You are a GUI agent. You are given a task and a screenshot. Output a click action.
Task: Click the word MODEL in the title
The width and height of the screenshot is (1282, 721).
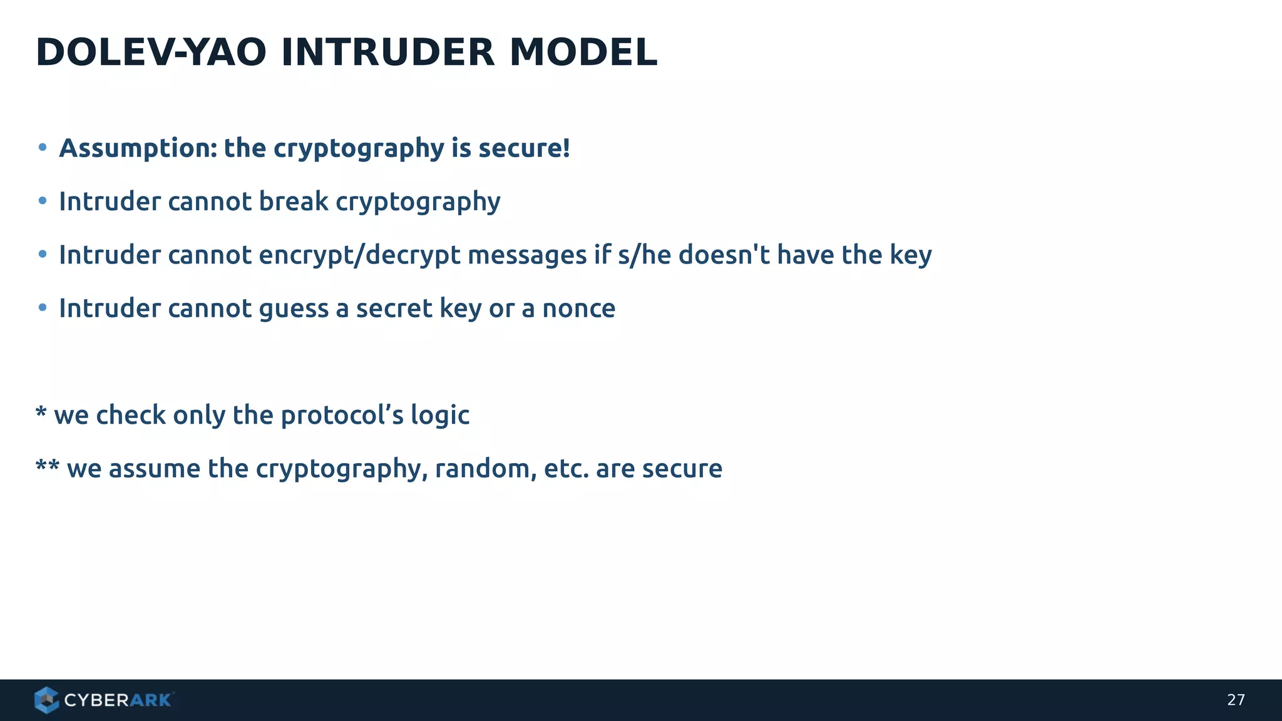[583, 52]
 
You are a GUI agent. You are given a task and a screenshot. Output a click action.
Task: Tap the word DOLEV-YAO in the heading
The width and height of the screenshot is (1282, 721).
[151, 52]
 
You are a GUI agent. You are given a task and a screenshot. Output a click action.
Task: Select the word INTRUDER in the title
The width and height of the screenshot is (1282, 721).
[387, 52]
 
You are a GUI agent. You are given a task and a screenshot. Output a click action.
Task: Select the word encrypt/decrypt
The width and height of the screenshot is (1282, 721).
[359, 255]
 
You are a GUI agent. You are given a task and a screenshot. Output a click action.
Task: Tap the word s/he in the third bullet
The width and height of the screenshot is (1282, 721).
[644, 255]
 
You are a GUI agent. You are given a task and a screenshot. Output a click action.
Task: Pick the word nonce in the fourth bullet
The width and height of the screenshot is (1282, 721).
[578, 309]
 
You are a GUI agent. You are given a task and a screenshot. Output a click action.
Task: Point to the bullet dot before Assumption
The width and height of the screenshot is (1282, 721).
[43, 148]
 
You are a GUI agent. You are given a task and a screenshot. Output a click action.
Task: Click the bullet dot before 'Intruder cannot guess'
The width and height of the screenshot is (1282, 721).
[43, 308]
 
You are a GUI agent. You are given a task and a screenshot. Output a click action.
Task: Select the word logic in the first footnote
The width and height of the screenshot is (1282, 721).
[439, 416]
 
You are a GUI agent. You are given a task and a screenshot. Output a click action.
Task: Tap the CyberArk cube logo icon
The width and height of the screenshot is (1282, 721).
[46, 700]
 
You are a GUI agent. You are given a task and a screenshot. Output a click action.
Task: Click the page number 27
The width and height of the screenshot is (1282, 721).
[1236, 700]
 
